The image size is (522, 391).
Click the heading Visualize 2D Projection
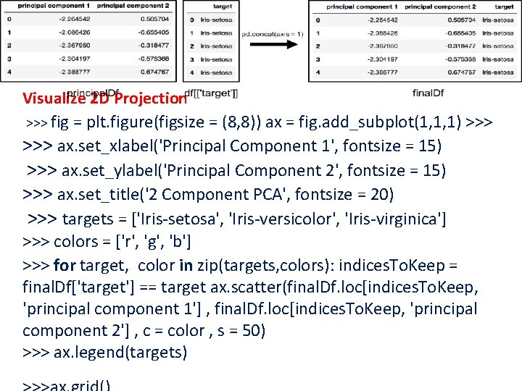tap(104, 98)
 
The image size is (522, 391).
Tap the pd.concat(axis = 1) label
tap(273, 34)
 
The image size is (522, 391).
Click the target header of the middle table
tap(223, 6)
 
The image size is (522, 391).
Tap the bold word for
tap(65, 265)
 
